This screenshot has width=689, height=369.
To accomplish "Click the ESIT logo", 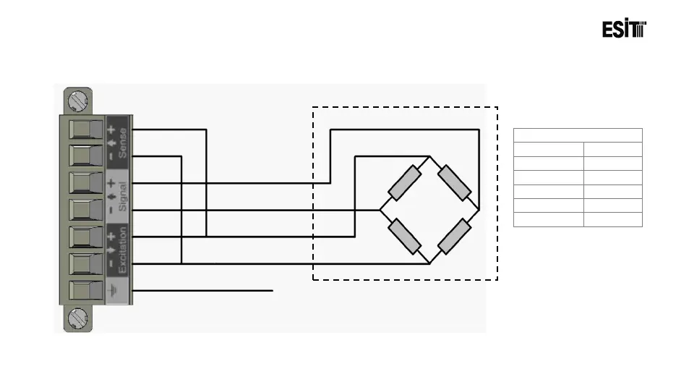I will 624,30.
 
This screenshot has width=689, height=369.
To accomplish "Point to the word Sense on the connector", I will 123,142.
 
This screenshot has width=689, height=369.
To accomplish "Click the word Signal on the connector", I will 123,195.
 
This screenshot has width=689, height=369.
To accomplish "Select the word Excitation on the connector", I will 123,250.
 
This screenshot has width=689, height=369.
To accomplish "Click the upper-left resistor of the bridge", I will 404,182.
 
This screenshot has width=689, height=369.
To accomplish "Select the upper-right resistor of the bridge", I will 455,182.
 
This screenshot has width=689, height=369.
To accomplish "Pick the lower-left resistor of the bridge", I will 404,236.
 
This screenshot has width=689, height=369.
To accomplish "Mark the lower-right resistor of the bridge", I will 455,236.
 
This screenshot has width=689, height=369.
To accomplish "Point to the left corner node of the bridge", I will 380,210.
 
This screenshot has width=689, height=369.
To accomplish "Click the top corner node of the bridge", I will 430,156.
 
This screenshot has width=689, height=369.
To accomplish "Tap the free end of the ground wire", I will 273,291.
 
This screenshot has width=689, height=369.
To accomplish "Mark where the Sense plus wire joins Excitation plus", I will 207,236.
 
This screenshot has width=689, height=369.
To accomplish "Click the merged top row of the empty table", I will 578,135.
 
